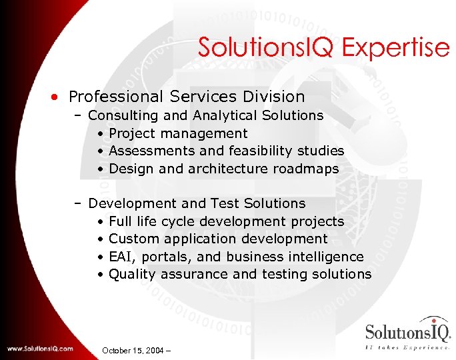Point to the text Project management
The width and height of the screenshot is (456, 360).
(178, 134)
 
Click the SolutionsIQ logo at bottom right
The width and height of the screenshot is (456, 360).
(407, 336)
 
